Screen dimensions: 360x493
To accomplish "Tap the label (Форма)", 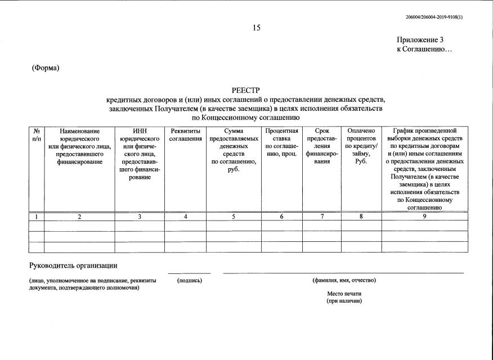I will point(46,68).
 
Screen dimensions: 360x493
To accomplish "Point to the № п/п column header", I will point(37,134).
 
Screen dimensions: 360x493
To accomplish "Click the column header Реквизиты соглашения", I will point(186,135).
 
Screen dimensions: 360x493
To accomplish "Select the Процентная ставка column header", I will point(281,138).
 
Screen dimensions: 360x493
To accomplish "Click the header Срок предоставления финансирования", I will point(322,146).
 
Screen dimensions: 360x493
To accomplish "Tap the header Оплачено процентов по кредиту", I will point(361,146).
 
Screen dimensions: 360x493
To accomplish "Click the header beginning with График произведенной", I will point(424,169).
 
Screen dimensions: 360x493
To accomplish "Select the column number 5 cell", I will point(233,217).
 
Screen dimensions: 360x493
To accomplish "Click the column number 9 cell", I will point(424,217).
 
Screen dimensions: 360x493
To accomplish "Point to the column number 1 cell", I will point(37,217).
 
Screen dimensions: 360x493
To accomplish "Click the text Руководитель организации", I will point(73,265).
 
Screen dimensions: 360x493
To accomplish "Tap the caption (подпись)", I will point(189,280).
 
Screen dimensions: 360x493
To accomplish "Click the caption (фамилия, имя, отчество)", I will point(344,280).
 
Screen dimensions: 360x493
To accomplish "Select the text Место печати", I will point(344,294).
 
